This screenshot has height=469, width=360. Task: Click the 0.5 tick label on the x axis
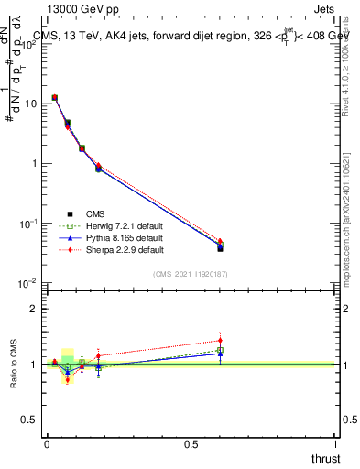coord(191,443)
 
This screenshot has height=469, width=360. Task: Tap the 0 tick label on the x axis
coord(47,443)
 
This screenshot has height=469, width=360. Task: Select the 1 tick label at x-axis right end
coord(335,443)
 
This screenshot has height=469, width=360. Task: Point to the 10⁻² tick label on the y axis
coord(28,283)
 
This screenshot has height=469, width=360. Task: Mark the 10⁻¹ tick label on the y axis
coord(28,224)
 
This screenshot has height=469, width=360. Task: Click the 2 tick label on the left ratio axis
coord(35,309)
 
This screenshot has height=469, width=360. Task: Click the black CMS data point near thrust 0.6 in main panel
coord(220,247)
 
